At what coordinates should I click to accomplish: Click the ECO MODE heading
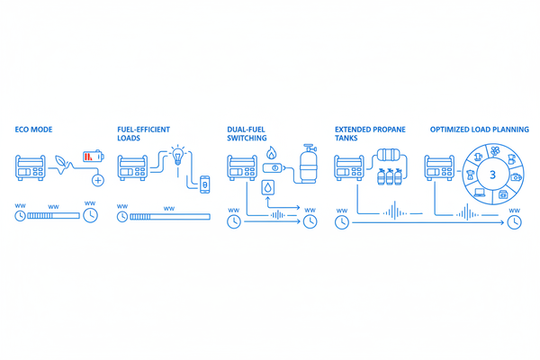pos(33,130)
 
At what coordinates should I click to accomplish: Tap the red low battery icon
pos(94,157)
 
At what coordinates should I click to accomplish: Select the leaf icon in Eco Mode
pos(62,164)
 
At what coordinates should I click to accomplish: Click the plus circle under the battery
pos(98,180)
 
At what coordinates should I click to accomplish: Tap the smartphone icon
pos(205,184)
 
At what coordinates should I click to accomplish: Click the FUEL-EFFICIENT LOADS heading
pos(144,134)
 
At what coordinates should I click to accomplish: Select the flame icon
pos(272,153)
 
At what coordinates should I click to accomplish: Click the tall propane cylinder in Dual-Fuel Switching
pos(308,164)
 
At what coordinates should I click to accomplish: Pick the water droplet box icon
pos(268,188)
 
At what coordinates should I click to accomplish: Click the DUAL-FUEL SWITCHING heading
pos(247,134)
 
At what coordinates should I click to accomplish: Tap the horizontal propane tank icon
pos(389,155)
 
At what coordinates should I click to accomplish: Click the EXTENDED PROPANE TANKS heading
pos(370,134)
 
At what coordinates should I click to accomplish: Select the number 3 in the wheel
pos(492,175)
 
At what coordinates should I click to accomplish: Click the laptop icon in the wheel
pos(480,193)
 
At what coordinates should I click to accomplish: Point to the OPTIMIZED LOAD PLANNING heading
pos(480,130)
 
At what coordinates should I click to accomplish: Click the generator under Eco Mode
pos(31,167)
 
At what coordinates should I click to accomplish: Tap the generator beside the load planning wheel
pos(439,167)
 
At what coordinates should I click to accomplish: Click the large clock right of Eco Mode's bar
pos(91,215)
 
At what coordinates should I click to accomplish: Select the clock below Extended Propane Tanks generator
pos(342,222)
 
